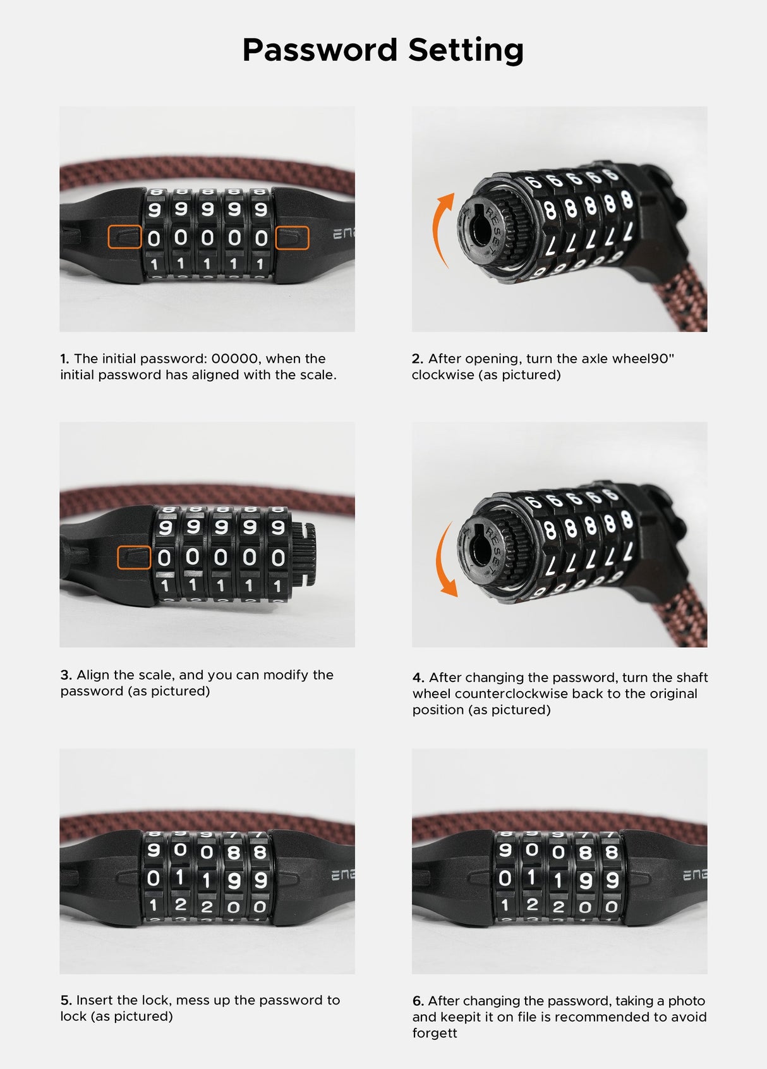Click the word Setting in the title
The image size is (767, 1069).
click(x=466, y=50)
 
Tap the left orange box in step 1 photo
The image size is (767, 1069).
click(x=124, y=237)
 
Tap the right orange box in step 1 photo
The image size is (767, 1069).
click(x=293, y=238)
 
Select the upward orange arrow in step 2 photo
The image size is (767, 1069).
click(x=442, y=228)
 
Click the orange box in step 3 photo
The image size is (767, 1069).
click(x=134, y=558)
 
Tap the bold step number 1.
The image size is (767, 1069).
click(x=64, y=359)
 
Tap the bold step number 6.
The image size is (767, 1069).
click(x=418, y=1001)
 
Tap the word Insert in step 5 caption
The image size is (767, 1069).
click(x=94, y=1001)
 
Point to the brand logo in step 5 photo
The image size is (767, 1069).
click(x=342, y=876)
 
